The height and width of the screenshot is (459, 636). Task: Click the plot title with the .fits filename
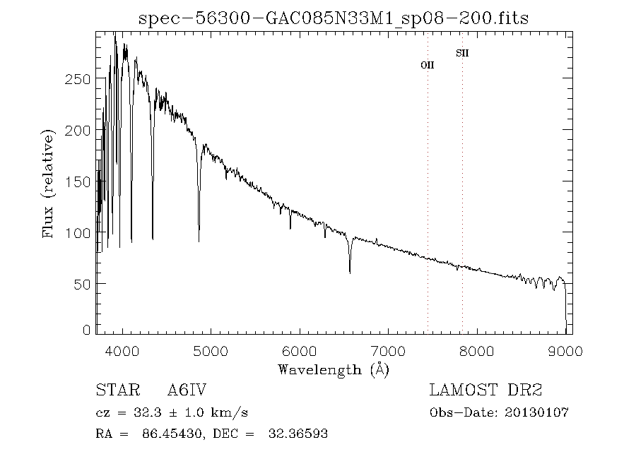pos(334,17)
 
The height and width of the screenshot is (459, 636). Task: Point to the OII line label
pos(427,65)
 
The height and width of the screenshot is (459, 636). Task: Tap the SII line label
pos(462,53)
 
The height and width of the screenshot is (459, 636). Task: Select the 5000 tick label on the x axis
pos(211,351)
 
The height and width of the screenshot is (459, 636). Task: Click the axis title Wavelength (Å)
pos(334,369)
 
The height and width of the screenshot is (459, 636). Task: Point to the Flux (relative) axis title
pos(49,184)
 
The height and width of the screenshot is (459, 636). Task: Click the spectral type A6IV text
pos(187,390)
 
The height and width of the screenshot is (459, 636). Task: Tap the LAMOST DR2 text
pos(485,390)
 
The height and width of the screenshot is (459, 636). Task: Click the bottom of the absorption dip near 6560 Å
pos(350,272)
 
